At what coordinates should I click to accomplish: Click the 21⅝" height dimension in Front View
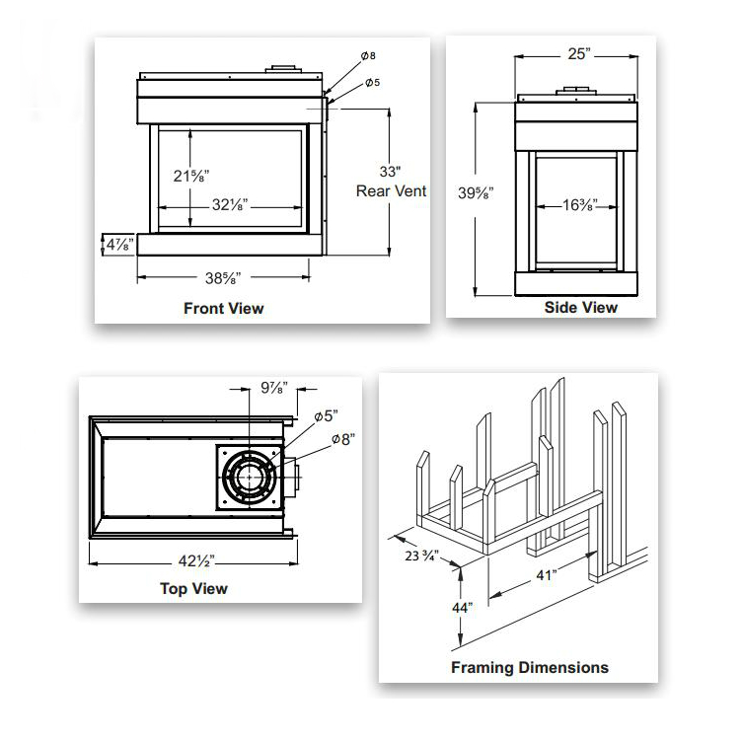point(190,176)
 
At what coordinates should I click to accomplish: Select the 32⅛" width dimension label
point(229,206)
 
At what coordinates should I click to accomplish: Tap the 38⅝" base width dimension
point(223,278)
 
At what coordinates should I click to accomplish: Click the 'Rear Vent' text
point(391,190)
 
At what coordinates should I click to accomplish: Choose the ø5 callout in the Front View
point(372,83)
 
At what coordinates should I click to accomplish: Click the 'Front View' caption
point(224,308)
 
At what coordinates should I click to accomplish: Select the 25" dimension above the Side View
point(577,54)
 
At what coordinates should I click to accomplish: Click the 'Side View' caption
point(580,308)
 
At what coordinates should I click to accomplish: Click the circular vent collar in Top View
point(252,477)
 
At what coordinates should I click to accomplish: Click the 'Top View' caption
point(193,589)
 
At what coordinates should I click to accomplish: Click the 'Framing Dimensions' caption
point(529,667)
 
